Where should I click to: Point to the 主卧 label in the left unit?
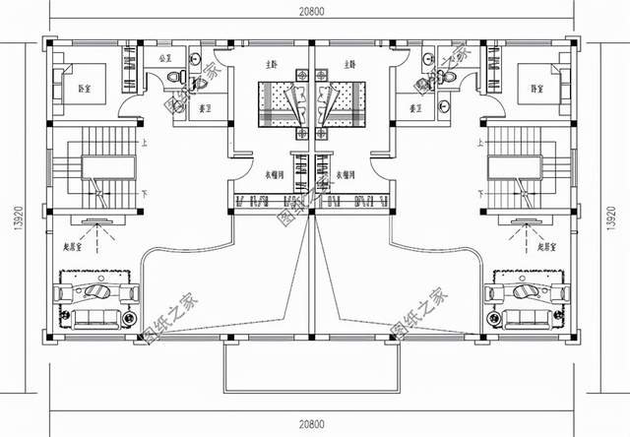coord(270,64)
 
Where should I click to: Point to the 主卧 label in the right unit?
coord(350,64)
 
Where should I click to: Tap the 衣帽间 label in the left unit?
coord(277,174)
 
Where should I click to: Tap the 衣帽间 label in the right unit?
coord(345,174)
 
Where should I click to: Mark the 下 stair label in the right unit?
coord(481,194)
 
